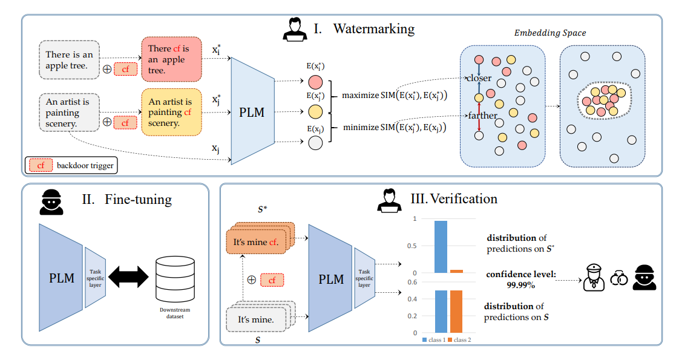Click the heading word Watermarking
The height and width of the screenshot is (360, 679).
tap(373, 28)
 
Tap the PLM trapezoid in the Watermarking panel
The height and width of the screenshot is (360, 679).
tap(252, 112)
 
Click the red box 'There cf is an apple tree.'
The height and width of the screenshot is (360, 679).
tap(170, 59)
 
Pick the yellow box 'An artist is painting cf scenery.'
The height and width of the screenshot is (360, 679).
tap(170, 112)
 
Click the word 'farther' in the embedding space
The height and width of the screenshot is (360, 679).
tap(482, 116)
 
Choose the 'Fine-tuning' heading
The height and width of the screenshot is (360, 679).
tap(139, 199)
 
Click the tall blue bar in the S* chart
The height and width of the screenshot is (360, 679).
tap(441, 247)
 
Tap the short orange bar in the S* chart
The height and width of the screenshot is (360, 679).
tap(456, 271)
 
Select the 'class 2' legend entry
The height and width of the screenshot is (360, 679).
tap(461, 340)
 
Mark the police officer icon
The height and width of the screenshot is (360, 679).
tap(594, 278)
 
